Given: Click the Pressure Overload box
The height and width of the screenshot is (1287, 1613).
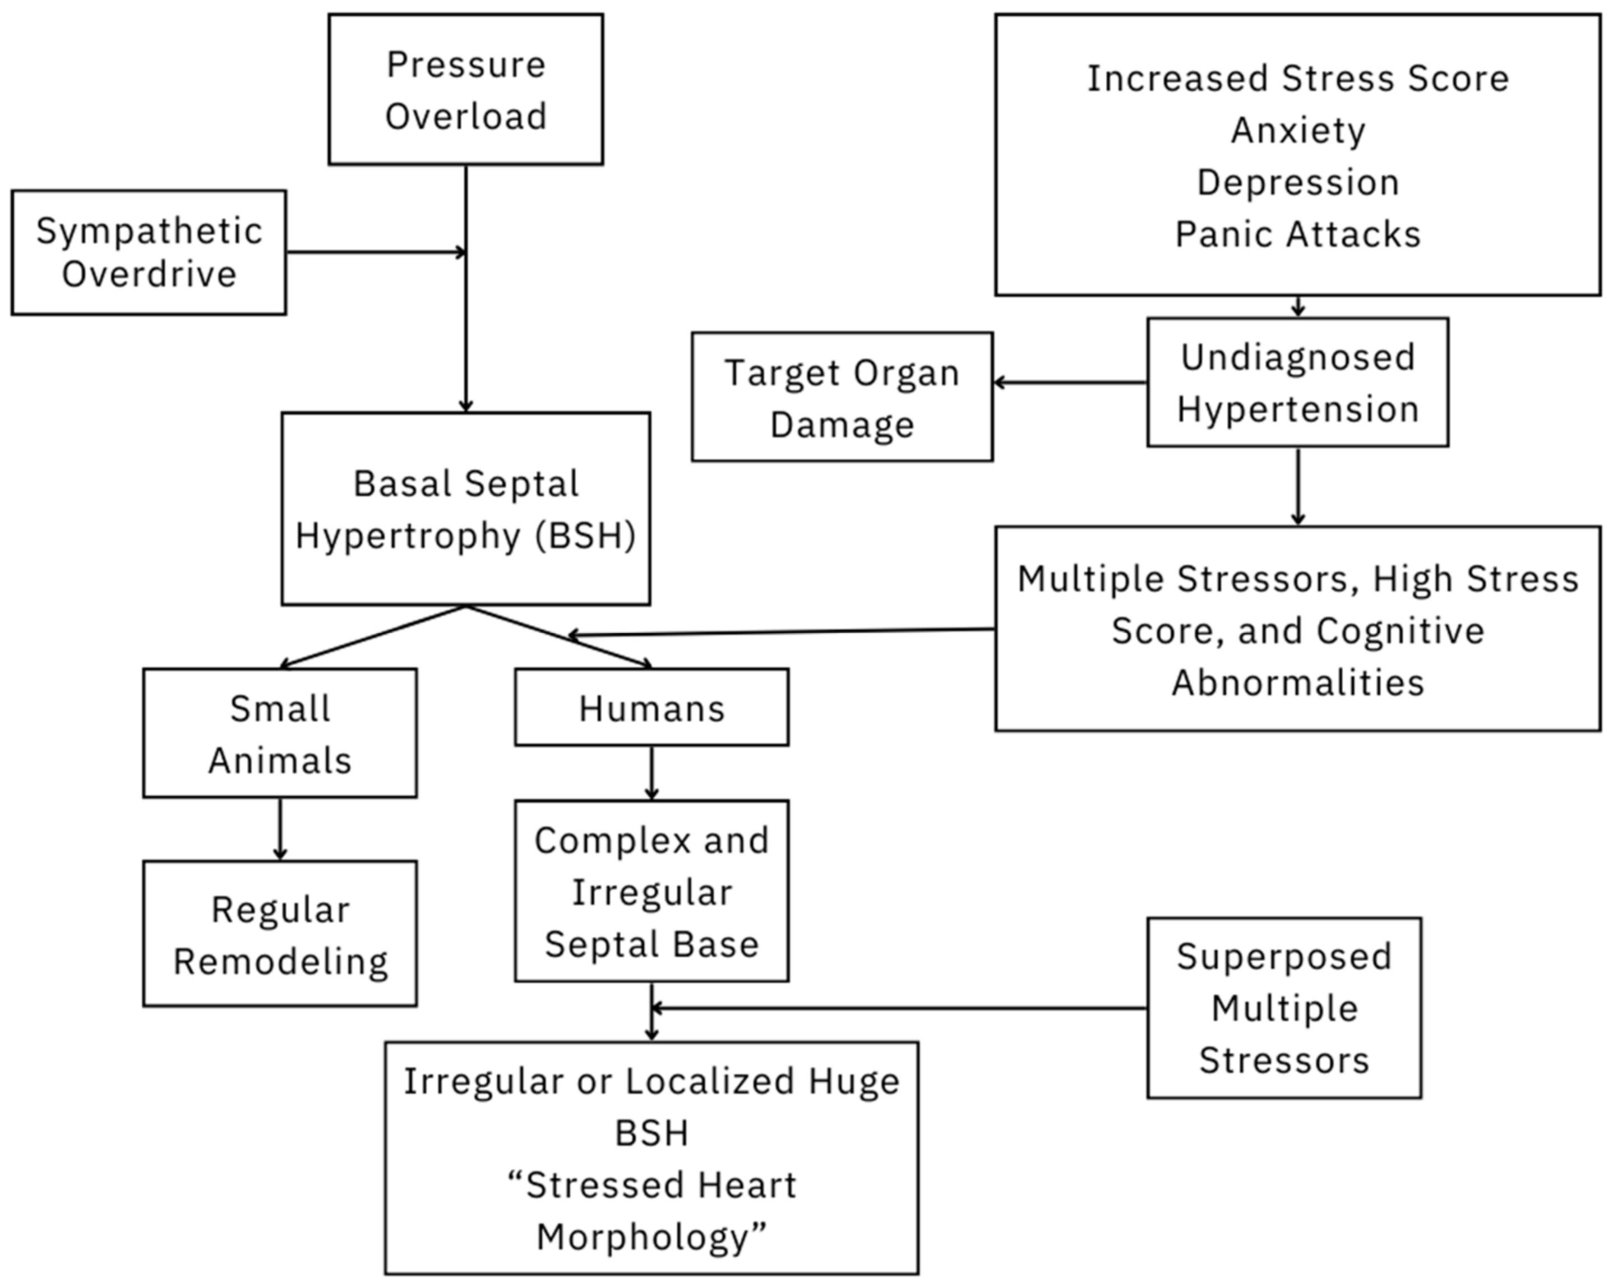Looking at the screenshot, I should pyautogui.click(x=465, y=90).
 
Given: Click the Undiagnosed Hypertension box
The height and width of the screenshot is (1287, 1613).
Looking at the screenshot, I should pyautogui.click(x=1297, y=382).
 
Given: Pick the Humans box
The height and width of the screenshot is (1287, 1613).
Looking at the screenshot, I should pyautogui.click(x=651, y=707).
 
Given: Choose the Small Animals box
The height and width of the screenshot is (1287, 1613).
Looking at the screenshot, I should pyautogui.click(x=280, y=734).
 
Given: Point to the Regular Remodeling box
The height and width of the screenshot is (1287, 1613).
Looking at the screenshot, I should pyautogui.click(x=280, y=934).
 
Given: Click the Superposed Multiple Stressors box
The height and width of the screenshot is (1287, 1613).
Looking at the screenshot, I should pyautogui.click(x=1284, y=1008).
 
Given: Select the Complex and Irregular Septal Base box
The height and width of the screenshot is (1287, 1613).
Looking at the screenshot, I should pyautogui.click(x=651, y=891).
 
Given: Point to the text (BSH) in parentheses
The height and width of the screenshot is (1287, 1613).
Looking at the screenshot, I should pyautogui.click(x=585, y=536).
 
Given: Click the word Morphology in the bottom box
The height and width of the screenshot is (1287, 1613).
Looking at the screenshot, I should pyautogui.click(x=642, y=1238).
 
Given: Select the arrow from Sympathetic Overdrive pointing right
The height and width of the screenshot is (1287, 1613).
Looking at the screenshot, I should pyautogui.click(x=374, y=252).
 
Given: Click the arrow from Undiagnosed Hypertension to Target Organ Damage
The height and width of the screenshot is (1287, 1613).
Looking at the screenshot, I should pyautogui.click(x=1070, y=382).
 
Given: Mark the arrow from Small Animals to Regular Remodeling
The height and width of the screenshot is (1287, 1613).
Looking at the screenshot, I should pyautogui.click(x=280, y=829).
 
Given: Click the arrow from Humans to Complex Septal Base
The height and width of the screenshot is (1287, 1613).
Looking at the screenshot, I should pyautogui.click(x=651, y=772).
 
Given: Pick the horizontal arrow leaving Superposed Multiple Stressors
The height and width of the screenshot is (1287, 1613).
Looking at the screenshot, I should pyautogui.click(x=898, y=1008).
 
